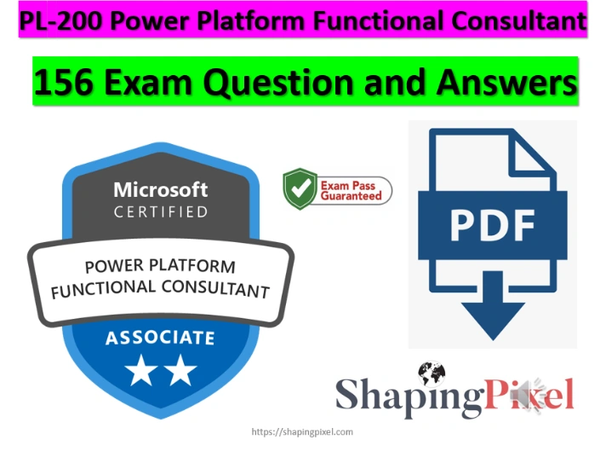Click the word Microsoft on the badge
click(161, 189)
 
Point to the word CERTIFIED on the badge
click(161, 211)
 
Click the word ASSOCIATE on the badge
click(160, 338)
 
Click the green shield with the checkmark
click(300, 189)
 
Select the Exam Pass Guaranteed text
click(351, 190)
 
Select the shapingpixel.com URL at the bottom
click(302, 432)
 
